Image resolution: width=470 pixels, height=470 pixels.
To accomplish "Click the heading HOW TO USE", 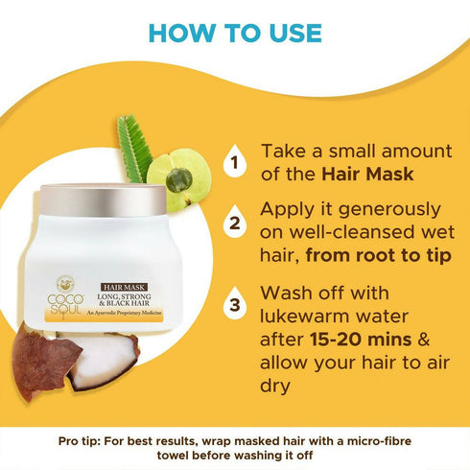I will pyautogui.click(x=235, y=33).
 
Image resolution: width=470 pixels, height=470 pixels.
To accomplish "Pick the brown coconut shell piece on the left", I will pyautogui.click(x=43, y=360).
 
